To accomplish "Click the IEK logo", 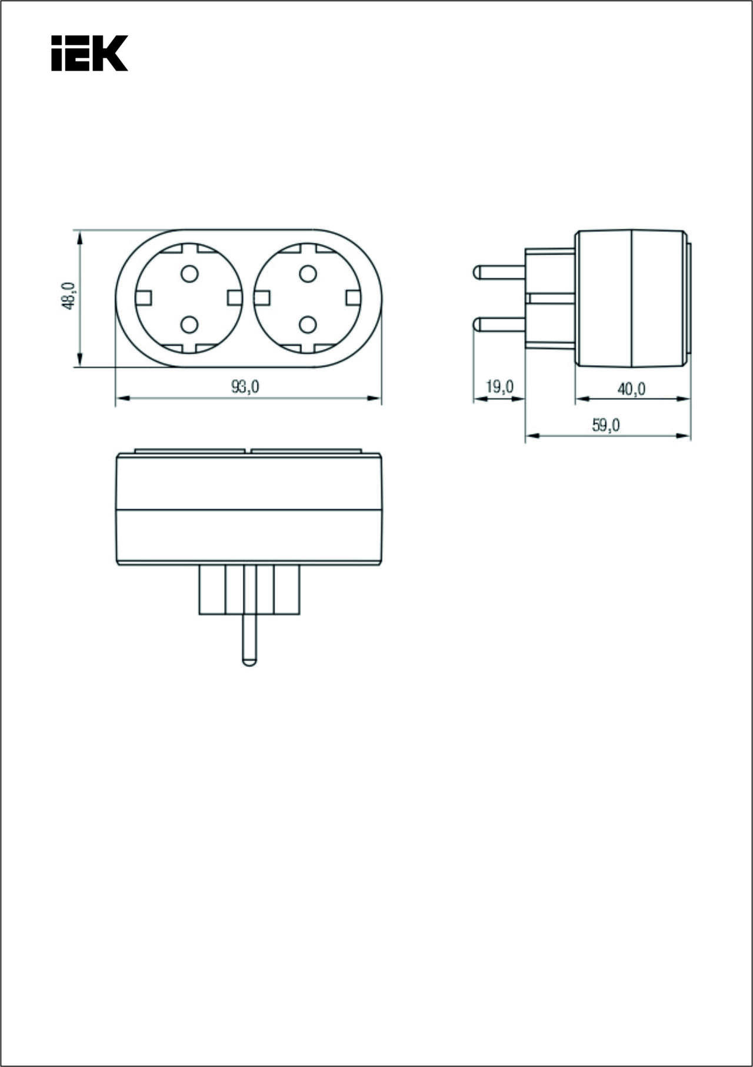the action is pyautogui.click(x=89, y=53).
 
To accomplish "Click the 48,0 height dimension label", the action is pyautogui.click(x=69, y=296).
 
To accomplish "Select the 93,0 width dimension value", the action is pyautogui.click(x=245, y=386).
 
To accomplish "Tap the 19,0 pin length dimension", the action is pyautogui.click(x=500, y=387).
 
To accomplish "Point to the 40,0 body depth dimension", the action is pyautogui.click(x=631, y=389).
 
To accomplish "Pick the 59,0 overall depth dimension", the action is pyautogui.click(x=606, y=425).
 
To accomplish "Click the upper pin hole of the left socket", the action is pyautogui.click(x=189, y=273).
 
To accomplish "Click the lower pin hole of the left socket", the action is pyautogui.click(x=189, y=324).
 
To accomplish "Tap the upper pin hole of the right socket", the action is pyautogui.click(x=308, y=273).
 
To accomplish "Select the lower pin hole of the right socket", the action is pyautogui.click(x=308, y=324).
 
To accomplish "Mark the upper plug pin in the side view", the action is pyautogui.click(x=499, y=272).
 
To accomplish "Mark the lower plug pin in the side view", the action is pyautogui.click(x=499, y=324).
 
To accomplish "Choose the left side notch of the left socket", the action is pyautogui.click(x=144, y=298).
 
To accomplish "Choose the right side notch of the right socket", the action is pyautogui.click(x=354, y=298).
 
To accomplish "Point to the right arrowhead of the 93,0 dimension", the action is pyautogui.click(x=375, y=399).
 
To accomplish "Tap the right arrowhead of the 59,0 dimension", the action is pyautogui.click(x=684, y=436).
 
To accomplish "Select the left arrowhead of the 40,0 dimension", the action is pyautogui.click(x=582, y=399).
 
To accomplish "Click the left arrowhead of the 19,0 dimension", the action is pyautogui.click(x=481, y=399).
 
